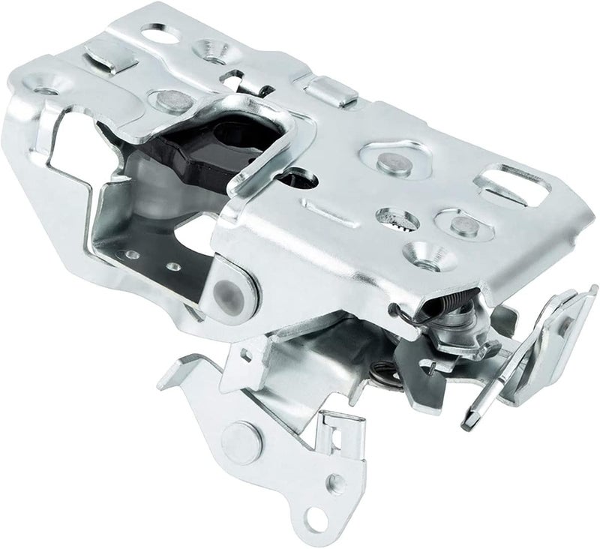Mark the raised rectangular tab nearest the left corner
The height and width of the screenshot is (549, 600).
point(111,57)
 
